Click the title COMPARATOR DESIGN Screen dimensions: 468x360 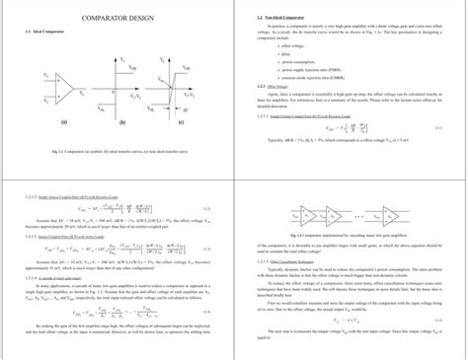point(117,18)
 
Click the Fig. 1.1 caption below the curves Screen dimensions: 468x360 point(116,151)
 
